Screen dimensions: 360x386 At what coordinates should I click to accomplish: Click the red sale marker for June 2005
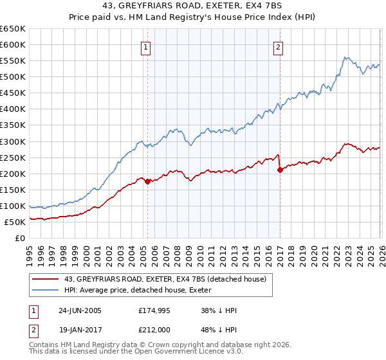point(147,181)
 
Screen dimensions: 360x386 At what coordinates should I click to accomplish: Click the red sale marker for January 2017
point(280,170)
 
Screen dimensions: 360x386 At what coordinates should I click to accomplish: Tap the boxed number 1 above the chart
point(146,46)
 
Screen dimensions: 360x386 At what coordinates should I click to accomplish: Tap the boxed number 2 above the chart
point(278,46)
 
